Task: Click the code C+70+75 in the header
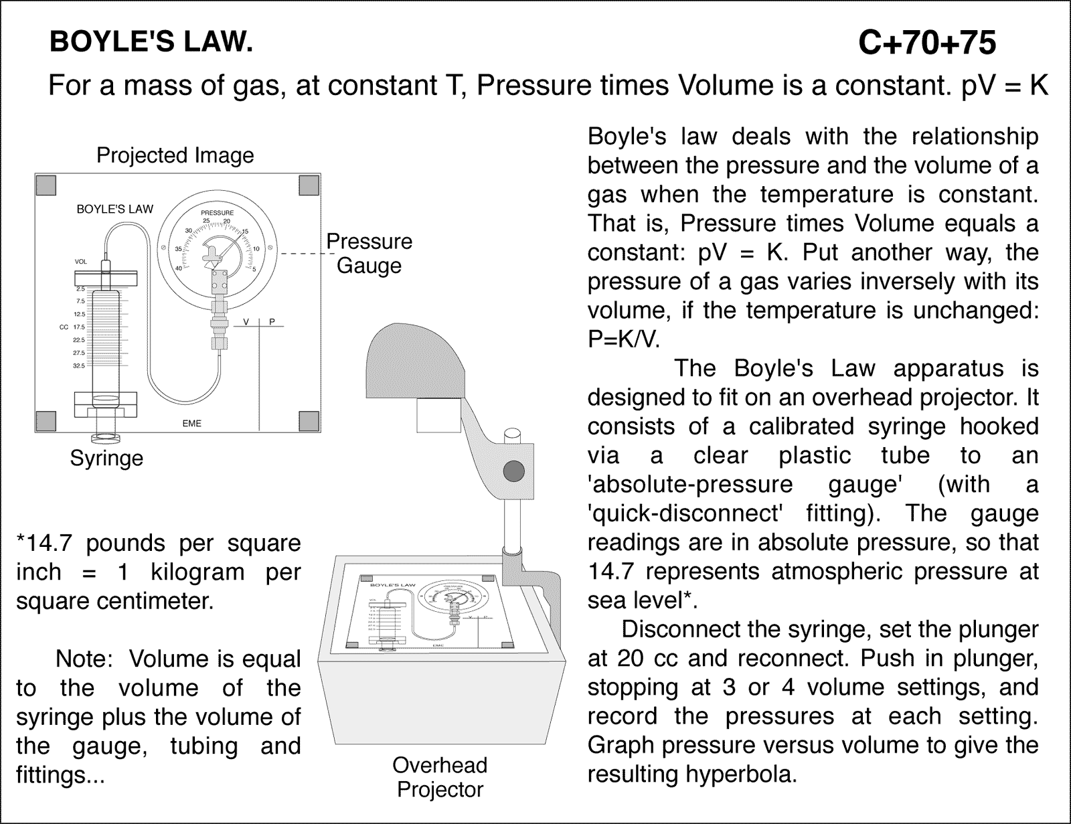click(x=927, y=44)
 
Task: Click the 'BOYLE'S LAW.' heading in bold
click(x=151, y=43)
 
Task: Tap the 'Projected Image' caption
click(x=175, y=155)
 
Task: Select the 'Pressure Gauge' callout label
click(x=369, y=253)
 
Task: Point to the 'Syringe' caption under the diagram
click(x=107, y=459)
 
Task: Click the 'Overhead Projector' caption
click(x=440, y=777)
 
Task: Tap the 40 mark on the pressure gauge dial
click(x=179, y=268)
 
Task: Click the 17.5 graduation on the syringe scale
click(x=79, y=327)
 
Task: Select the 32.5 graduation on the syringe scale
click(x=79, y=366)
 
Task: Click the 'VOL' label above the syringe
click(x=80, y=262)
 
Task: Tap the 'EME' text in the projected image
click(x=191, y=424)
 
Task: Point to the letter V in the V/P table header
click(x=246, y=322)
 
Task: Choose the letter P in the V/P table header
click(x=272, y=322)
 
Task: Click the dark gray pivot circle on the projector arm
click(x=513, y=471)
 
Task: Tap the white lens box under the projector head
click(x=438, y=414)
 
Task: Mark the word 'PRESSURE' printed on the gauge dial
click(x=218, y=213)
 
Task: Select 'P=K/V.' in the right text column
click(x=623, y=339)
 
